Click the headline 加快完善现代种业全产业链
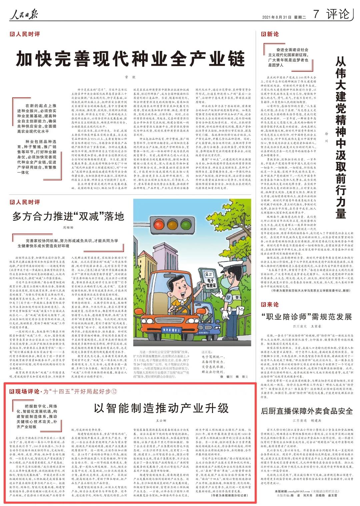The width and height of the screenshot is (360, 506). point(131,60)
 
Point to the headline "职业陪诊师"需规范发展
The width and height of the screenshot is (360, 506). point(306,317)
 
